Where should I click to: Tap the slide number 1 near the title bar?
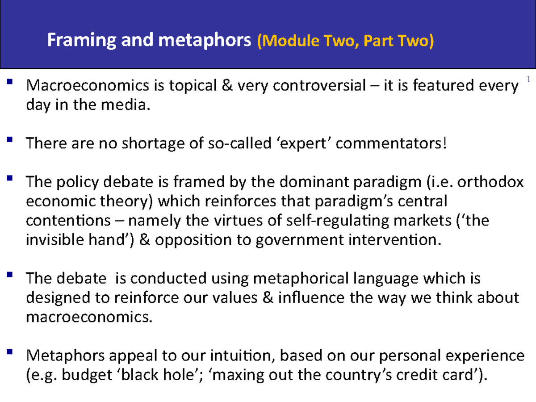pos(528,80)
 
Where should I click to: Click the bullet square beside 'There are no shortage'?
pos(10,140)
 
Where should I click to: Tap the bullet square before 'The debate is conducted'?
pos(10,275)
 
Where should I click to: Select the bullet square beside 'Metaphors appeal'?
pos(10,352)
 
